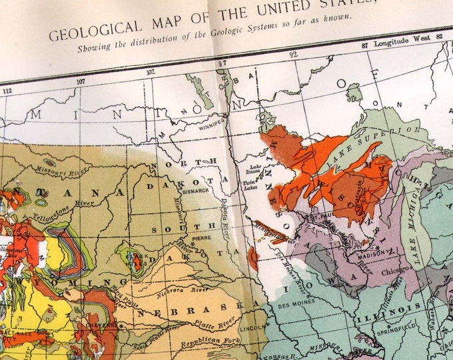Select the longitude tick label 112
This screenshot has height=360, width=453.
pos(8,91)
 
